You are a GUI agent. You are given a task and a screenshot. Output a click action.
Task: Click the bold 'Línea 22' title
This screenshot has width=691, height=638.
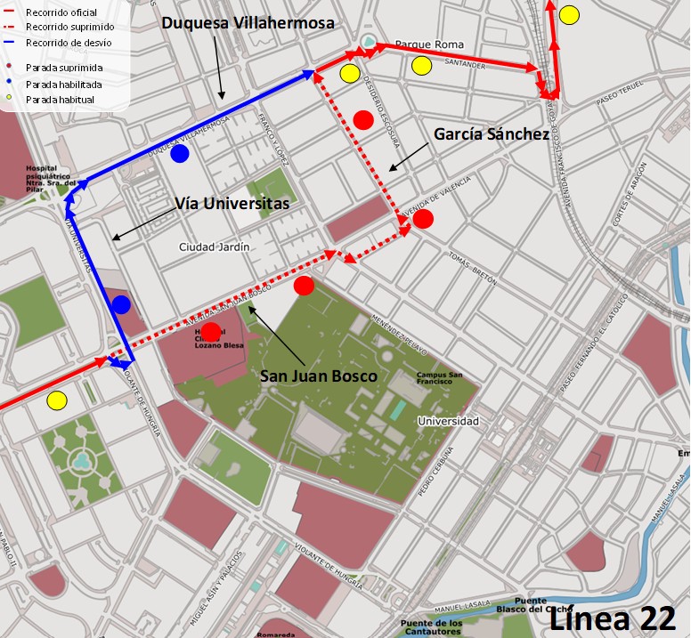click(612, 618)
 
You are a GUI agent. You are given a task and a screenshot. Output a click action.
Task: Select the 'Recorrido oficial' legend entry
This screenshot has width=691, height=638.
click(61, 12)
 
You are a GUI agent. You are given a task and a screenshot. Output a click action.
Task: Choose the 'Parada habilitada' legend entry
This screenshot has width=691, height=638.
click(63, 84)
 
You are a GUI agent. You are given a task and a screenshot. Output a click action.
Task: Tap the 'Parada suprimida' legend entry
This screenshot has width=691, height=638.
click(62, 68)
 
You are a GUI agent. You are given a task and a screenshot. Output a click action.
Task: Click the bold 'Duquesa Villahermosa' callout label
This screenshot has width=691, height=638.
click(248, 24)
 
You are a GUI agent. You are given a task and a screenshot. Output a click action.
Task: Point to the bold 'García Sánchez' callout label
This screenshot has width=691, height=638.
click(492, 134)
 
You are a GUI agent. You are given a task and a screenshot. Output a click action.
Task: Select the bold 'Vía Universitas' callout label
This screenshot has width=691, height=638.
click(232, 204)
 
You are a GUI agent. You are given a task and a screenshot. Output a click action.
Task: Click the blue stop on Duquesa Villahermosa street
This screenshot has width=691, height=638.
click(180, 154)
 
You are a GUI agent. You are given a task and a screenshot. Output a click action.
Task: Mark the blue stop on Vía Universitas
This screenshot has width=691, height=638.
click(121, 305)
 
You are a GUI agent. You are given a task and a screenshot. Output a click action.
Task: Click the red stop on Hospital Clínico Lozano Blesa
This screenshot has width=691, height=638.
click(211, 332)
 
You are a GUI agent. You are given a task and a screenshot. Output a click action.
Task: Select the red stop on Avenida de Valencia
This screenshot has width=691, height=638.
click(423, 219)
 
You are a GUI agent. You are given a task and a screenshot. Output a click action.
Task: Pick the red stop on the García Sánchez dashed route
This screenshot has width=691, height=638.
click(362, 119)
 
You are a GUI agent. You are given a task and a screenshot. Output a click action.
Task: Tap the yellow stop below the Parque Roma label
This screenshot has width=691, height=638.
click(422, 65)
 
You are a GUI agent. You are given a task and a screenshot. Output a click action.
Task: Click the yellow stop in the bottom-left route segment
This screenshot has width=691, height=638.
click(57, 400)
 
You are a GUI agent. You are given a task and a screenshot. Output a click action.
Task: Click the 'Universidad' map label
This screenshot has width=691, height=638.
click(448, 421)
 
